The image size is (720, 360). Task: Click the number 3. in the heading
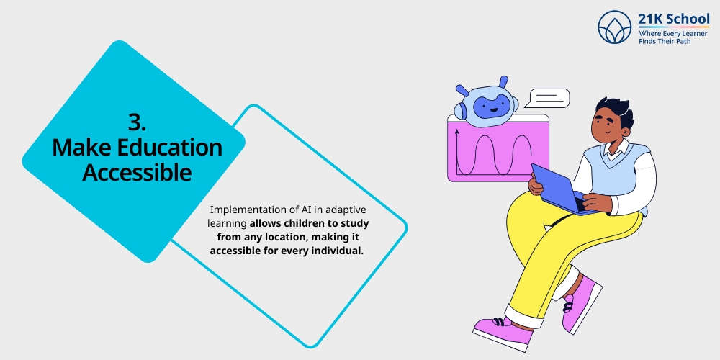(137, 121)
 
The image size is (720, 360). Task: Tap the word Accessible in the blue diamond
(137, 172)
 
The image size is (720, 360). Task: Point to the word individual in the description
(333, 250)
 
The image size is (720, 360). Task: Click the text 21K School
(674, 19)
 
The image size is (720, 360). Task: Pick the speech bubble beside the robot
(549, 97)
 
